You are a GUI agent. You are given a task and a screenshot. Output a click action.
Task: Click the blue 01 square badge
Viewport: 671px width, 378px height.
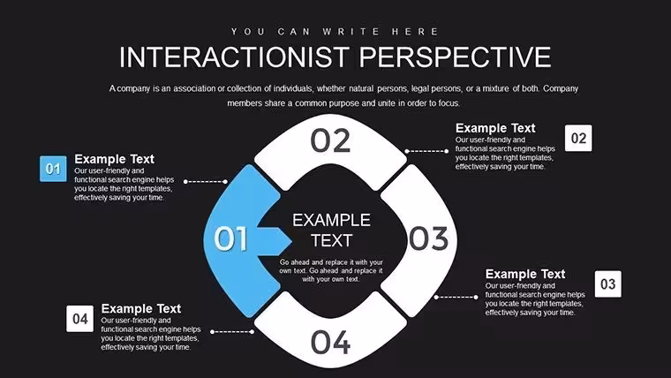tap(53, 169)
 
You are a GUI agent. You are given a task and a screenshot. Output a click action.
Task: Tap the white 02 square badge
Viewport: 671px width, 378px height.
tap(578, 138)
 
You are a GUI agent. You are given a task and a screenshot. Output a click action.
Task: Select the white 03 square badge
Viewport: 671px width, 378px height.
tap(608, 283)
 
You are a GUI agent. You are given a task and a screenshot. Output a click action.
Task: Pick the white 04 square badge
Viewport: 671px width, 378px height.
tap(80, 319)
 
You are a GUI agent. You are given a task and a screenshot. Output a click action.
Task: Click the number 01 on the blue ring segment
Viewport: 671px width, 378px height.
tap(230, 238)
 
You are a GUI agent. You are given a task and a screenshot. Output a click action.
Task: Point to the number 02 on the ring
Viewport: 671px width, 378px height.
tap(330, 140)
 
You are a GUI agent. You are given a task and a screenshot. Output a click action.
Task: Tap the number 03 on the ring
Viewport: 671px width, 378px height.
tap(429, 238)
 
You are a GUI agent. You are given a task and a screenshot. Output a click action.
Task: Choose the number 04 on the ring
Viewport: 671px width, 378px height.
tap(330, 342)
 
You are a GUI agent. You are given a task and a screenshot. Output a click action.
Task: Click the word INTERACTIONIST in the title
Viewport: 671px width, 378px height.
tap(234, 57)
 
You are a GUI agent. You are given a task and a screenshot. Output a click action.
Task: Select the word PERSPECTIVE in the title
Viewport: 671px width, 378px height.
tap(455, 57)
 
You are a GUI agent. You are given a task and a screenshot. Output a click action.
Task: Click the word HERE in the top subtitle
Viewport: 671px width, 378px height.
tap(415, 32)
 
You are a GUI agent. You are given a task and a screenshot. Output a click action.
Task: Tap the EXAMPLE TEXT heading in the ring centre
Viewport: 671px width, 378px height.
tap(331, 231)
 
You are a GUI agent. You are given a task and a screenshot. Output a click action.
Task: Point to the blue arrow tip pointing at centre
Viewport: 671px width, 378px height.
tap(292, 241)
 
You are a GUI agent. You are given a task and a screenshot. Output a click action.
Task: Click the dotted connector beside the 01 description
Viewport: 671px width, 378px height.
tap(206, 182)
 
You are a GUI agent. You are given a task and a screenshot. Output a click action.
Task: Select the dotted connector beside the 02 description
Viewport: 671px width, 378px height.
tap(426, 151)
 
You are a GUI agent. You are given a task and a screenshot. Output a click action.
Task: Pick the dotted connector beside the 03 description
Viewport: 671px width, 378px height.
tap(456, 297)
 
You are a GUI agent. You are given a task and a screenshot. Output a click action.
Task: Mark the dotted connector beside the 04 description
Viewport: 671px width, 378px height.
tap(232, 332)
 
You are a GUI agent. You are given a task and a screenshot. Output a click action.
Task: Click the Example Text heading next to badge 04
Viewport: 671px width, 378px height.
tap(141, 308)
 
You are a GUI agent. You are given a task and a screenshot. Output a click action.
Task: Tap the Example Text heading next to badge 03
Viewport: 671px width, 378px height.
tap(525, 274)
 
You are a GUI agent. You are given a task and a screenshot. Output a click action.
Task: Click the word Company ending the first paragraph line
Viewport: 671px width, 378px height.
tap(561, 88)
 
